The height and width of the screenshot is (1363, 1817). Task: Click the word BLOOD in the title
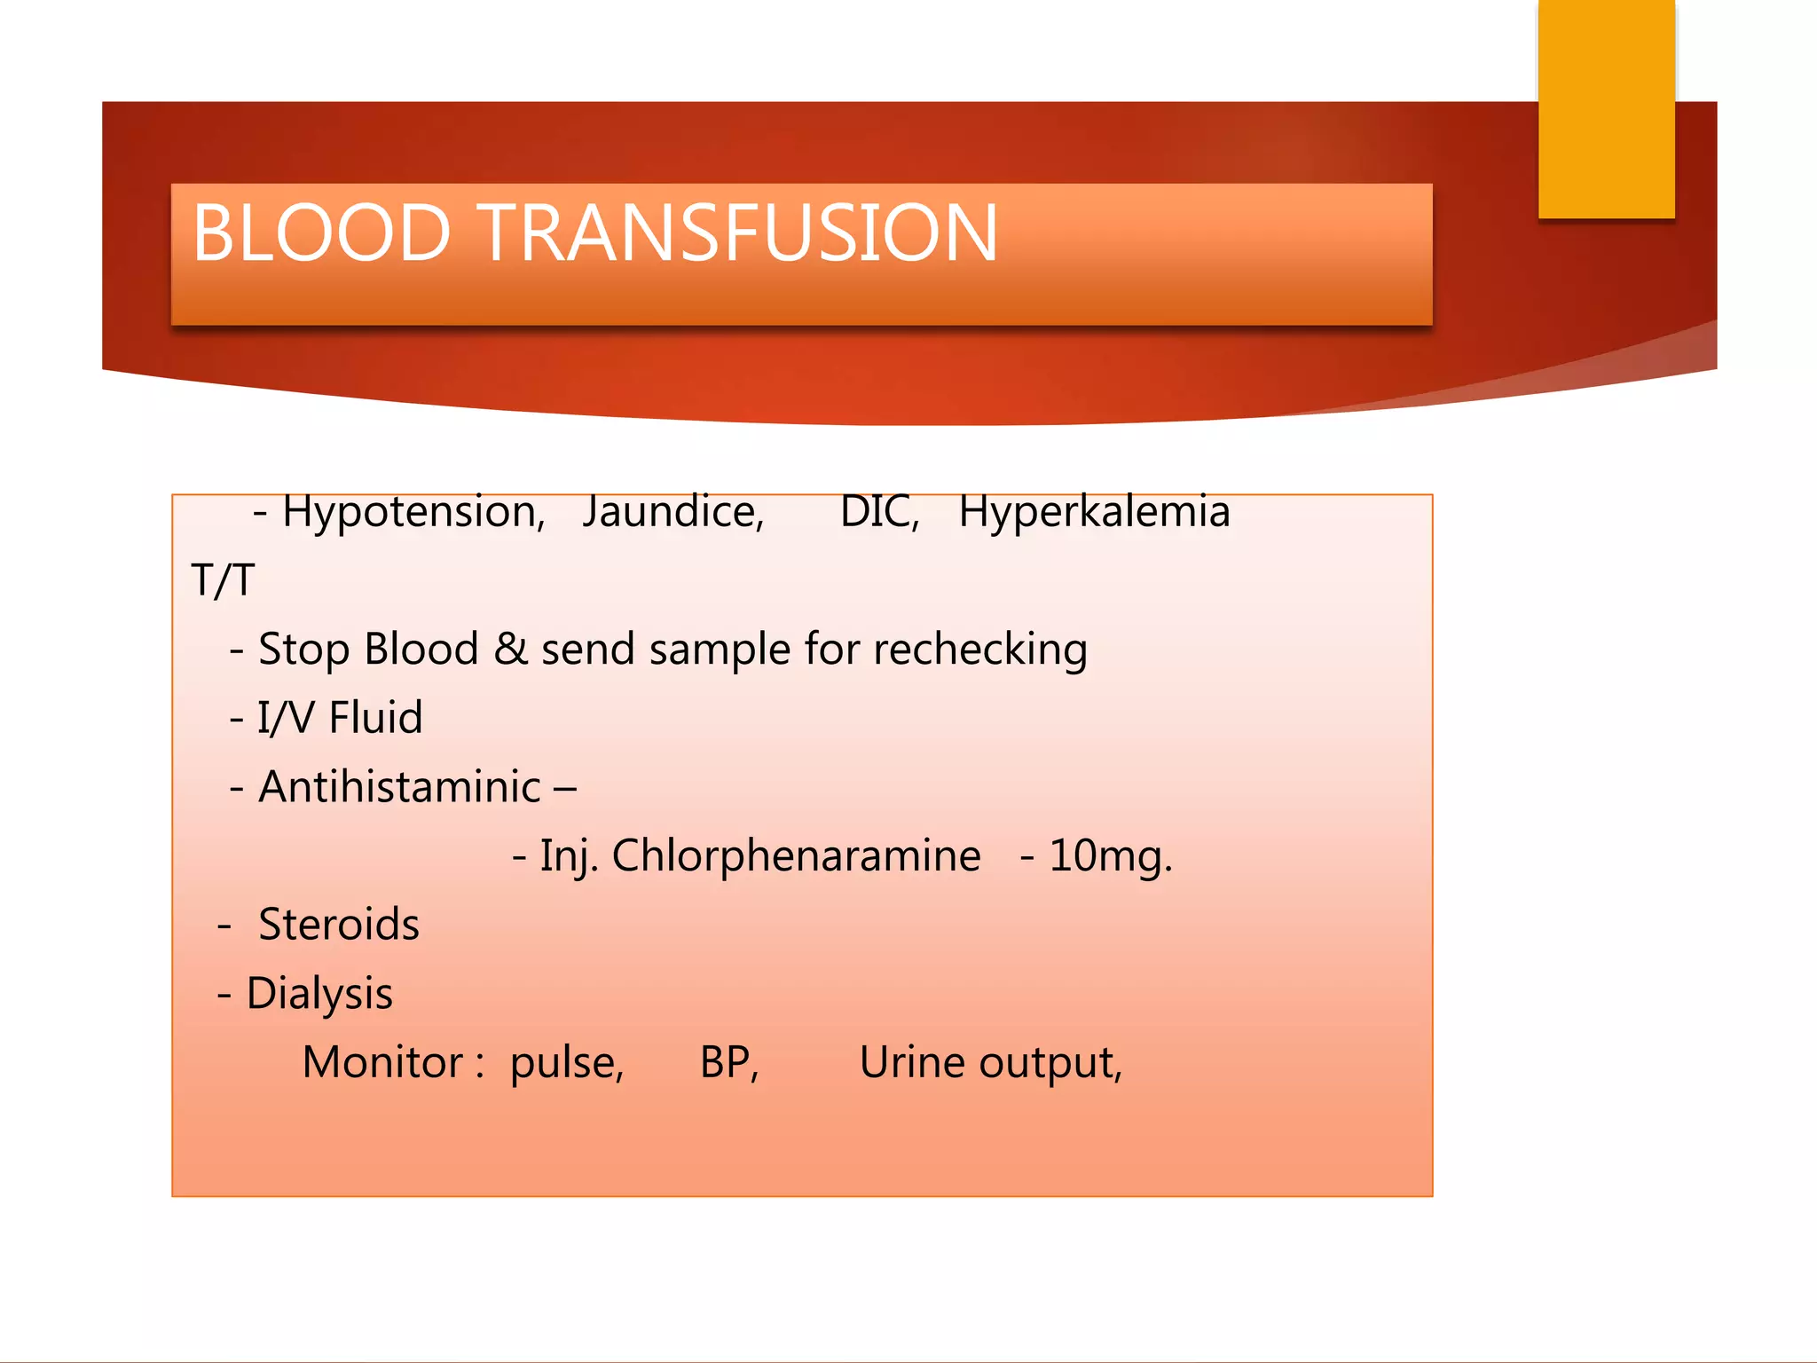(x=321, y=232)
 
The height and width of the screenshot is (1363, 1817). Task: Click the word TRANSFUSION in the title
(x=740, y=232)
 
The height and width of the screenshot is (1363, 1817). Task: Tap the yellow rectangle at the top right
(x=1606, y=108)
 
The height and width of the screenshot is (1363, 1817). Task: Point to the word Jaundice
(x=673, y=512)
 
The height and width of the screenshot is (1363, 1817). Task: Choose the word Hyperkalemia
(x=1094, y=513)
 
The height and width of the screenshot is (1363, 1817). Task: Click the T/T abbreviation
(x=223, y=581)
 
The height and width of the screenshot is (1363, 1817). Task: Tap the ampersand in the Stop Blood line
(x=511, y=649)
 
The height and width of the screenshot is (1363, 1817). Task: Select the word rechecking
(x=980, y=650)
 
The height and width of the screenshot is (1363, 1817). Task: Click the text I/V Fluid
(x=340, y=718)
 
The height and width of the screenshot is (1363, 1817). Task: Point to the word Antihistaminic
(x=399, y=787)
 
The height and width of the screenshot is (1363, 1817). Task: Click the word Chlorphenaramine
(x=796, y=856)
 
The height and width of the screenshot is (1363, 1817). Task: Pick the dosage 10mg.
(x=1110, y=856)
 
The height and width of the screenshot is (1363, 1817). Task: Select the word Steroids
(x=338, y=925)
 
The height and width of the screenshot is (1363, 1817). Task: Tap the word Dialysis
(x=319, y=994)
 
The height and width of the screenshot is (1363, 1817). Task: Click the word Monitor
(x=382, y=1062)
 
